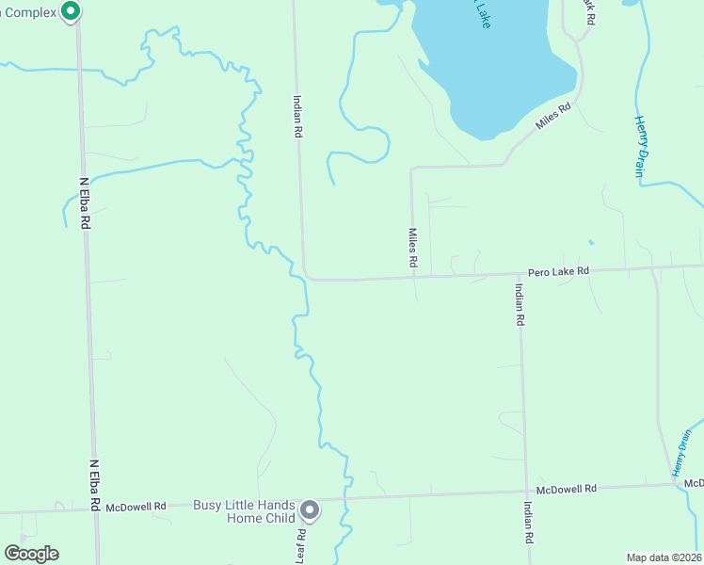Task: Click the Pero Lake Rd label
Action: coord(558,271)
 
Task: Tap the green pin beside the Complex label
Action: coord(71,11)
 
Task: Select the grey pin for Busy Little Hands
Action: coord(311,511)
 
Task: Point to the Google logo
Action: coord(31,554)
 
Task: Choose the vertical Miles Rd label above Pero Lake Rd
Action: coord(412,248)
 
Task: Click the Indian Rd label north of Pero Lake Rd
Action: coord(296,117)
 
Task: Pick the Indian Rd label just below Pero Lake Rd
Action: coord(519,304)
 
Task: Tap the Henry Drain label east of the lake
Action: coord(643,145)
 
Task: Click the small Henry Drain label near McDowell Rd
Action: coord(681,453)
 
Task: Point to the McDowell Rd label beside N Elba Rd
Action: coord(136,507)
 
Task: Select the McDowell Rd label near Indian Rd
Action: coord(567,490)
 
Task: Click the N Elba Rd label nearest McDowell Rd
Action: coord(95,485)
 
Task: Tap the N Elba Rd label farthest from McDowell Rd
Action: coord(84,203)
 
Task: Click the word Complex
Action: coord(28,11)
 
